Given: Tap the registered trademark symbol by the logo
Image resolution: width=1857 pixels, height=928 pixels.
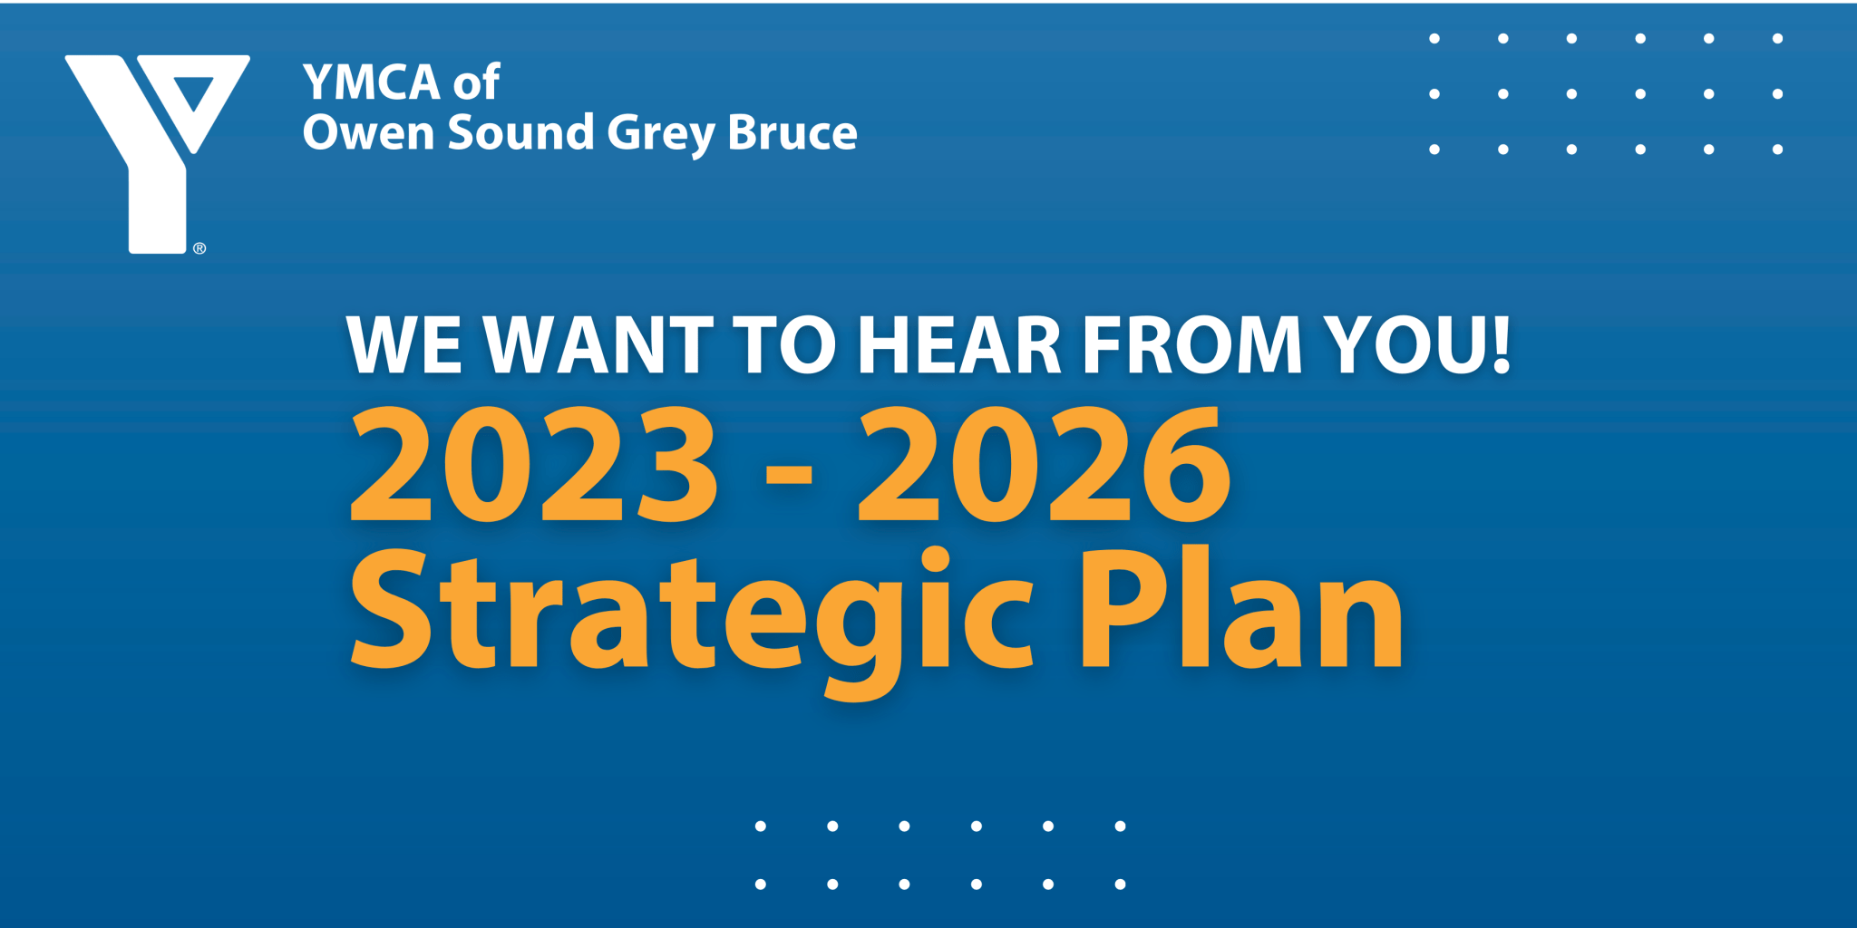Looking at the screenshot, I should point(199,248).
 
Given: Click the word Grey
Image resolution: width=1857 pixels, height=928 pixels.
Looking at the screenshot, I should point(661,134).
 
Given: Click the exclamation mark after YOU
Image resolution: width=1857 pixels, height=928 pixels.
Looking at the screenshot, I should point(1502,344).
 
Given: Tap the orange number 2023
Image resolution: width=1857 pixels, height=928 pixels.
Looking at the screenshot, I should point(534,464).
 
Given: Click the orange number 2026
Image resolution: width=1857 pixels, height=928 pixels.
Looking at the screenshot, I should point(1044,464).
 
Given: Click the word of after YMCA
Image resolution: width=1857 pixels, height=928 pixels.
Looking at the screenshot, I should point(477,82).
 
